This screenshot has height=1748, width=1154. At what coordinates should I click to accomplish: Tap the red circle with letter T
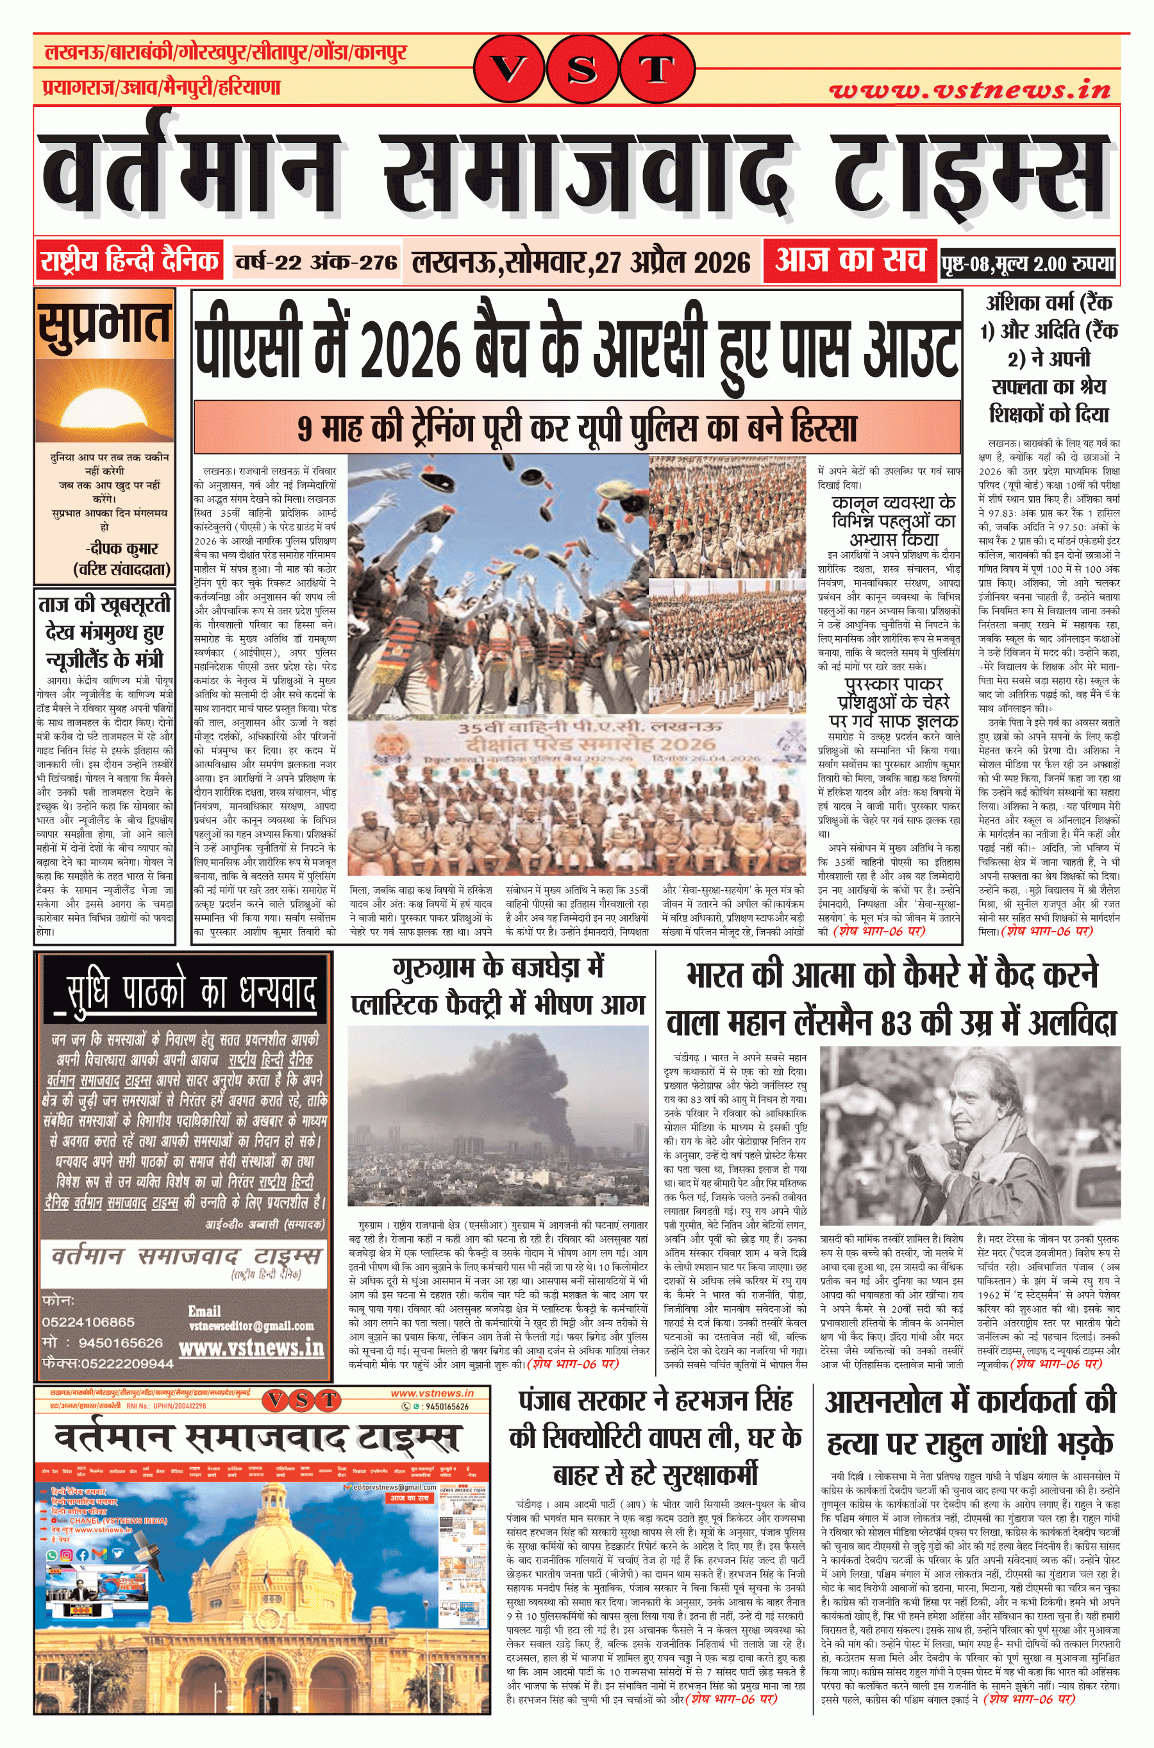point(656,70)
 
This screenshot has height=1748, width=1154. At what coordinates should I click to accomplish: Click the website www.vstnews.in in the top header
point(969,90)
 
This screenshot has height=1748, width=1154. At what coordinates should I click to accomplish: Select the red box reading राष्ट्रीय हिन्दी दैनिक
point(130,260)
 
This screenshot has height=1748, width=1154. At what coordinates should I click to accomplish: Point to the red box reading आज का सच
point(849,260)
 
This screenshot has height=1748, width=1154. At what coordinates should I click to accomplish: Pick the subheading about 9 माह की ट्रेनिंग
point(577,428)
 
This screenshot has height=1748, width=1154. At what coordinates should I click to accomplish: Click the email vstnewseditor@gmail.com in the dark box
point(251,1325)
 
